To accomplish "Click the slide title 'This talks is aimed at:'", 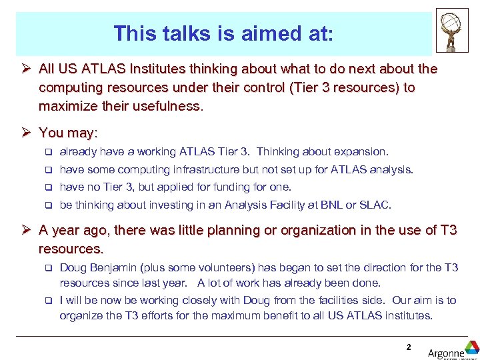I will pos(223,33).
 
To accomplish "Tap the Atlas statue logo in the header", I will pos(452,30).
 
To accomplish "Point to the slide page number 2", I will pos(408,347).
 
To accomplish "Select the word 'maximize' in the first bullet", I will pos(65,106).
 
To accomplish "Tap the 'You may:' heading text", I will pos(68,133).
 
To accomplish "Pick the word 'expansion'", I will pos(363,152).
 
